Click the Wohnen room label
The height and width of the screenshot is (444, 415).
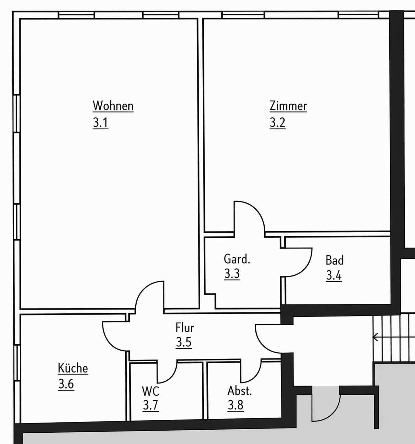click(113, 106)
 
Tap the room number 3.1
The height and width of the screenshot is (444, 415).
click(101, 123)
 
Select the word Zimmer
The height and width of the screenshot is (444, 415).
click(288, 106)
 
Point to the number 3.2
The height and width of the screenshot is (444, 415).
click(277, 123)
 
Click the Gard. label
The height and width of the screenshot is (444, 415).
click(237, 259)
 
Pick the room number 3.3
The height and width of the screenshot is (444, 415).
click(232, 274)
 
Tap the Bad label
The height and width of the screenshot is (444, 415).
click(335, 260)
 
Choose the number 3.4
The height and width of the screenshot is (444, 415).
click(334, 275)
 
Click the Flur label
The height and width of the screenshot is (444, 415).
click(185, 327)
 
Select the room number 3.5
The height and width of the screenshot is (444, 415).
click(184, 342)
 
